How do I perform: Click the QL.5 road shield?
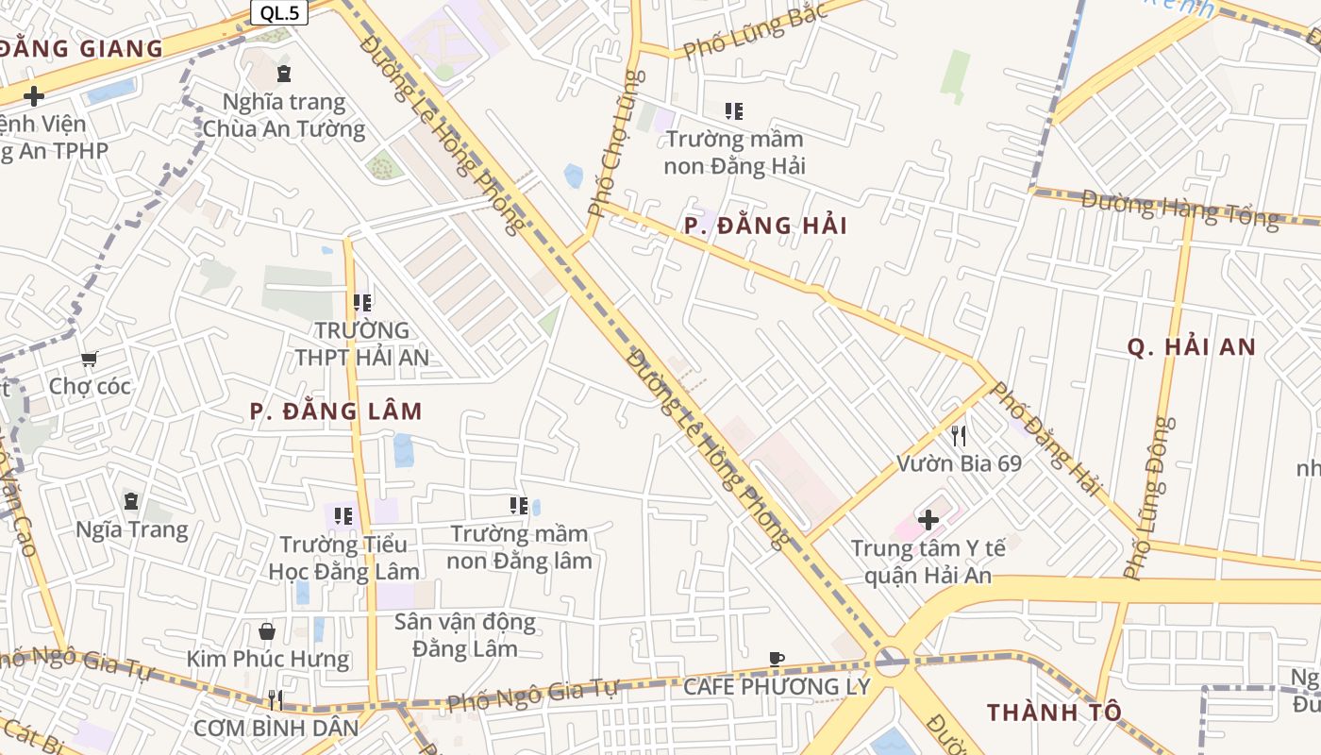pyautogui.click(x=280, y=12)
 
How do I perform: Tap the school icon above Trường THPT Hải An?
pyautogui.click(x=362, y=303)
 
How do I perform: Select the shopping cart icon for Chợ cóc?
pyautogui.click(x=90, y=359)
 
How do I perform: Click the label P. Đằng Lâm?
pyautogui.click(x=336, y=411)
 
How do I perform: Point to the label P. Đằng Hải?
pyautogui.click(x=765, y=226)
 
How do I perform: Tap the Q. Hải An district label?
pyautogui.click(x=1192, y=347)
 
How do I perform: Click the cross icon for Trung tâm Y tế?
pyautogui.click(x=928, y=519)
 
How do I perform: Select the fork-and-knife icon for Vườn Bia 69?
pyautogui.click(x=959, y=435)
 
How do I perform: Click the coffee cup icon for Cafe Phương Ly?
pyautogui.click(x=777, y=659)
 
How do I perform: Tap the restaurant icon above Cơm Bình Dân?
pyautogui.click(x=276, y=699)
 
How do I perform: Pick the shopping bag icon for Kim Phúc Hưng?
pyautogui.click(x=267, y=630)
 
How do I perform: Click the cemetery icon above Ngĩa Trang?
pyautogui.click(x=131, y=501)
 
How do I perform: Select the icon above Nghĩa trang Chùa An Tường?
pyautogui.click(x=284, y=74)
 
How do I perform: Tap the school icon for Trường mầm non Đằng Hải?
pyautogui.click(x=734, y=111)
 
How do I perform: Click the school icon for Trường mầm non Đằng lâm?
pyautogui.click(x=518, y=506)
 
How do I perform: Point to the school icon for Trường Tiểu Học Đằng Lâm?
pyautogui.click(x=343, y=516)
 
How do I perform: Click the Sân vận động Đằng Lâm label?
pyautogui.click(x=465, y=635)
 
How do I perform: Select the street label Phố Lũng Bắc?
pyautogui.click(x=756, y=30)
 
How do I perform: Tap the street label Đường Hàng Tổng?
pyautogui.click(x=1180, y=209)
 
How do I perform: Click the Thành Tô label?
pyautogui.click(x=1054, y=712)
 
